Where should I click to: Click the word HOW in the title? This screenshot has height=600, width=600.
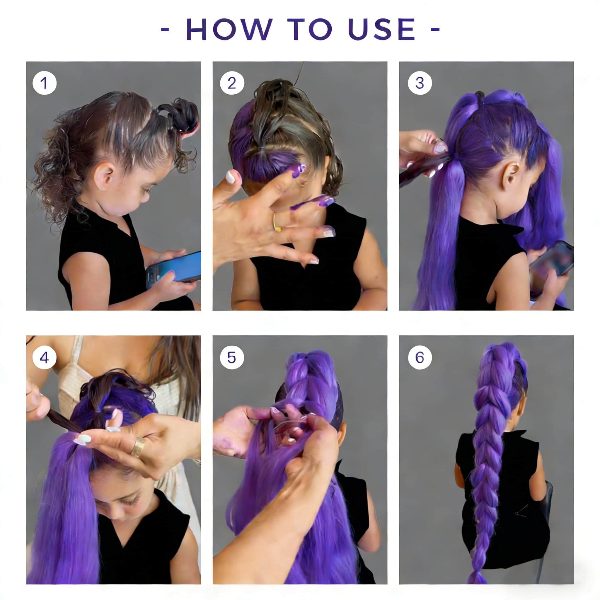(229, 29)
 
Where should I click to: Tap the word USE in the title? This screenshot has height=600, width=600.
(381, 29)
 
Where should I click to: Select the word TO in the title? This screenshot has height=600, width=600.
(310, 29)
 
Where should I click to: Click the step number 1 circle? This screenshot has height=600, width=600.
(45, 83)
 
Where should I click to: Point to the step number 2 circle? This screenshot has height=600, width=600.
(232, 83)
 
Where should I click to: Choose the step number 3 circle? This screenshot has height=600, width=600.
(420, 83)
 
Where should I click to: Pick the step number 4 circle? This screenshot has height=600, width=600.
(45, 357)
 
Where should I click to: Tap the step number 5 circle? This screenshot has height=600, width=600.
(232, 357)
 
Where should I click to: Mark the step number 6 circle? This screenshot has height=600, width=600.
(420, 357)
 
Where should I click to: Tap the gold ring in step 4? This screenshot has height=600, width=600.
(139, 447)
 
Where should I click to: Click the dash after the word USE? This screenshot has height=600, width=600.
(435, 30)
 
